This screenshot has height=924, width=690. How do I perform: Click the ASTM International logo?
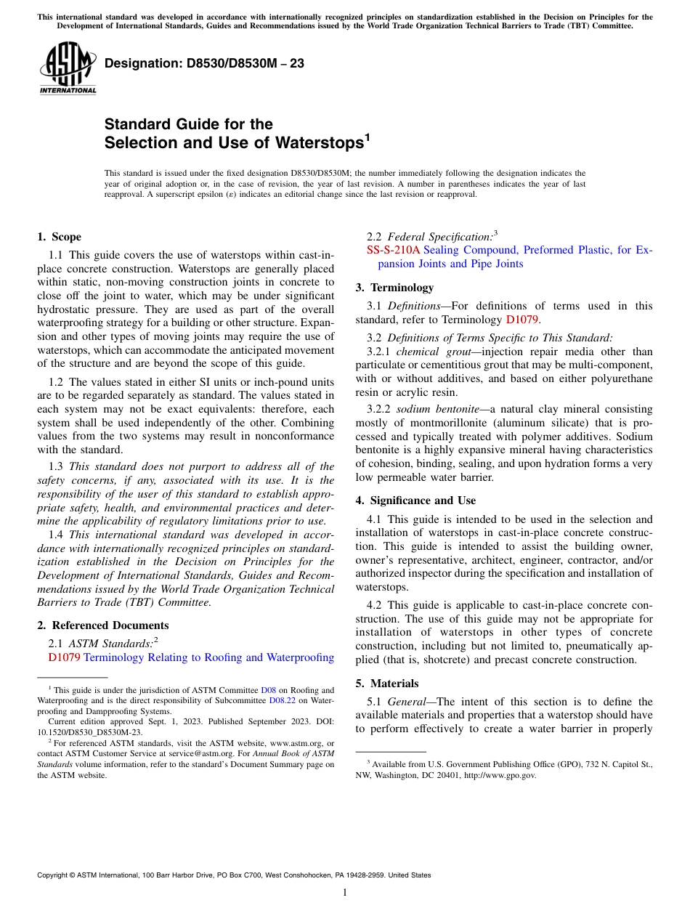click(x=68, y=69)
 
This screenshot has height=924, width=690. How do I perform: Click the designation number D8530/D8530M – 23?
click(x=204, y=64)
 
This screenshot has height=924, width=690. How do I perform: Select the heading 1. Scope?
click(x=59, y=237)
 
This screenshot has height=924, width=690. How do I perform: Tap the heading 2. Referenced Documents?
click(x=102, y=625)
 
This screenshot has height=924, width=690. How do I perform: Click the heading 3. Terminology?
click(x=394, y=288)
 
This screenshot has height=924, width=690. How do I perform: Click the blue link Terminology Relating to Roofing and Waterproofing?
click(x=208, y=657)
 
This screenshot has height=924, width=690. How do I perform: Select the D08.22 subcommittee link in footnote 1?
click(x=282, y=700)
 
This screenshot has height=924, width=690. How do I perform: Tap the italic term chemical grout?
click(x=432, y=352)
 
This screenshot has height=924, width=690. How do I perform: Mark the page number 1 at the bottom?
click(x=345, y=893)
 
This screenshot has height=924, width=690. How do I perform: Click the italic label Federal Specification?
click(x=439, y=237)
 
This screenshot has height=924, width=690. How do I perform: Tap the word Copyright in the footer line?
click(x=55, y=875)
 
